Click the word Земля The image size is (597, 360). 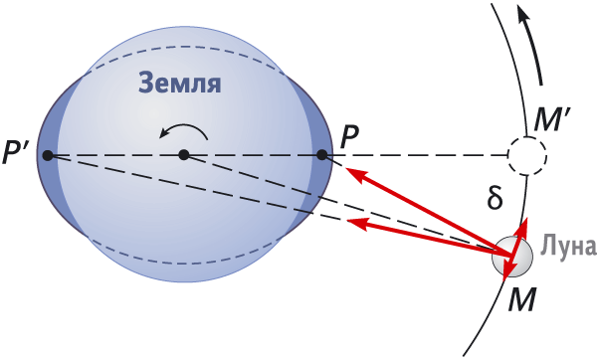[x=180, y=83]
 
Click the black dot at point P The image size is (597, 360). [x=322, y=155]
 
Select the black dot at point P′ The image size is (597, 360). [x=48, y=155]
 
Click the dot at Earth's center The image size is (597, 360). [x=184, y=155]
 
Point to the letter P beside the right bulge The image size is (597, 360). [x=349, y=137]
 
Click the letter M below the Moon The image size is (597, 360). [x=522, y=298]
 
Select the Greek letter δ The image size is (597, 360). [x=495, y=198]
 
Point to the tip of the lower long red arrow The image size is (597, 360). [x=347, y=222]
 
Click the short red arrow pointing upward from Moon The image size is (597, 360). [x=519, y=237]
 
